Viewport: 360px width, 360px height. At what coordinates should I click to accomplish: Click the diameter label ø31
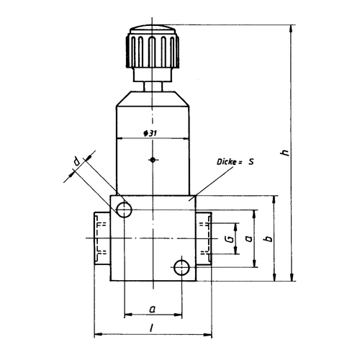150,133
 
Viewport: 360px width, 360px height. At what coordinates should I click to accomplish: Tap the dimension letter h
285,153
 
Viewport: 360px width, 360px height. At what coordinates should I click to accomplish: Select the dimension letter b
270,238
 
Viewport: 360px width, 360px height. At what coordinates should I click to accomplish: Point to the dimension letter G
230,239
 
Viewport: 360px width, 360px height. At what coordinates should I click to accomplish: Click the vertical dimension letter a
249,238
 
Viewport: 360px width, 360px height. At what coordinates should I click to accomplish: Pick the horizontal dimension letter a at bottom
153,309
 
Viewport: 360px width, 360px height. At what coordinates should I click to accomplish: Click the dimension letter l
151,328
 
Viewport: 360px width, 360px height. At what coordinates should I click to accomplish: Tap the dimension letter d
76,161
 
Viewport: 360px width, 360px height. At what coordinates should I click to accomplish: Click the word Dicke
227,162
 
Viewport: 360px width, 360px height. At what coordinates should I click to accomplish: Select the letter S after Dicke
251,162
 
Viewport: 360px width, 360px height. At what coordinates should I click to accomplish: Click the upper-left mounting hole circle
124,210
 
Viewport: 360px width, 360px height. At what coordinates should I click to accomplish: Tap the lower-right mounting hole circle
181,268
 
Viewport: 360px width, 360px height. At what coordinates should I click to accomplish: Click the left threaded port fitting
102,238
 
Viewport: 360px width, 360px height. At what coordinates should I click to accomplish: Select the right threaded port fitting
204,238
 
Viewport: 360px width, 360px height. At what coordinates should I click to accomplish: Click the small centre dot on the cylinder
153,160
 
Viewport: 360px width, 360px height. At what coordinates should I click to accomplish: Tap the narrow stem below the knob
153,87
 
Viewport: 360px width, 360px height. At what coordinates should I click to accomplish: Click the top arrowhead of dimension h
292,29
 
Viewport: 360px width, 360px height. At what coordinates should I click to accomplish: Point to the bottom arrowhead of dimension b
274,276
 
